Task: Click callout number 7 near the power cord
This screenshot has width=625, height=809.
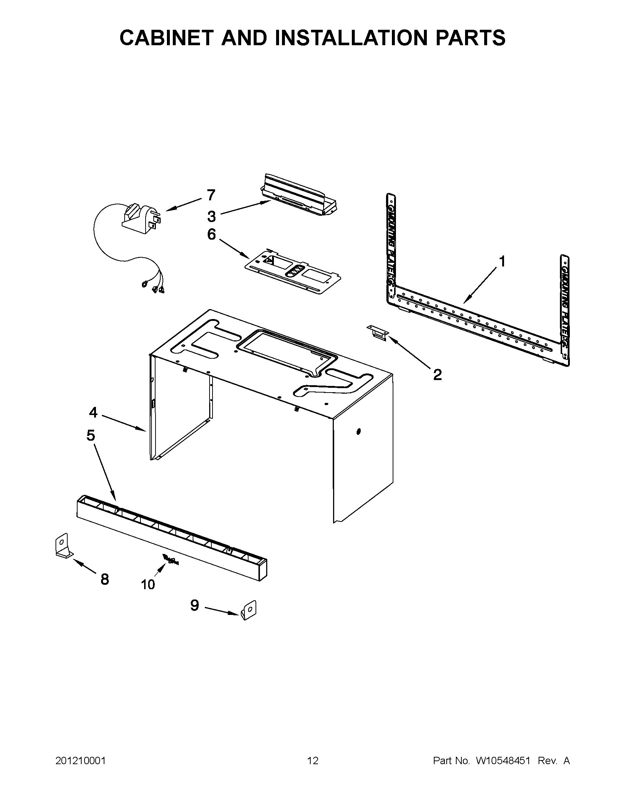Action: tap(211, 195)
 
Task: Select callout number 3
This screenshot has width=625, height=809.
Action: tap(211, 216)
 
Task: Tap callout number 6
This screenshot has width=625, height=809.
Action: tap(211, 234)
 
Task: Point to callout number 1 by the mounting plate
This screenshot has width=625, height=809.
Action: tap(501, 261)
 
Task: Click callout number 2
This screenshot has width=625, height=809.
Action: tap(437, 375)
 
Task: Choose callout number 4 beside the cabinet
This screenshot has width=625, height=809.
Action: tap(93, 412)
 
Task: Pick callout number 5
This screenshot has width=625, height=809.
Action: tap(90, 435)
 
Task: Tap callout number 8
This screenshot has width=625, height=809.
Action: tap(105, 579)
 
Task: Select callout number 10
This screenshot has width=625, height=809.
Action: tap(147, 584)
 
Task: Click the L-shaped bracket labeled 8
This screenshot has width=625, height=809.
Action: tap(62, 545)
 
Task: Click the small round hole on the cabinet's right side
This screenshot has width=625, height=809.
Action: tap(358, 432)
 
